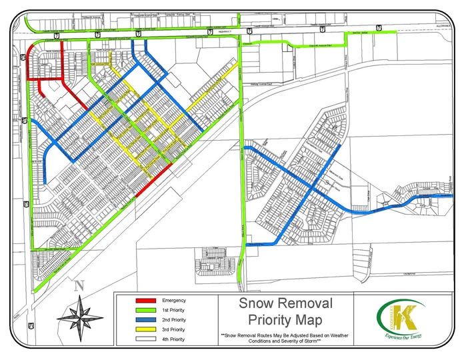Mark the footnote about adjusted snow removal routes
[287, 338]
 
